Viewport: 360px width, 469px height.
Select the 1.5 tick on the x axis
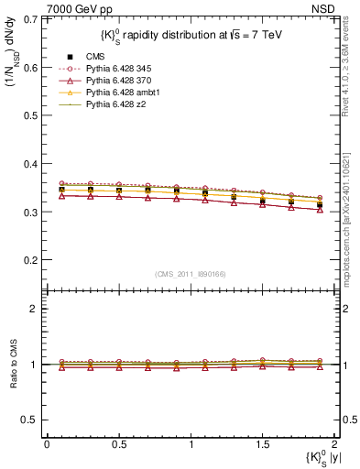(262, 442)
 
